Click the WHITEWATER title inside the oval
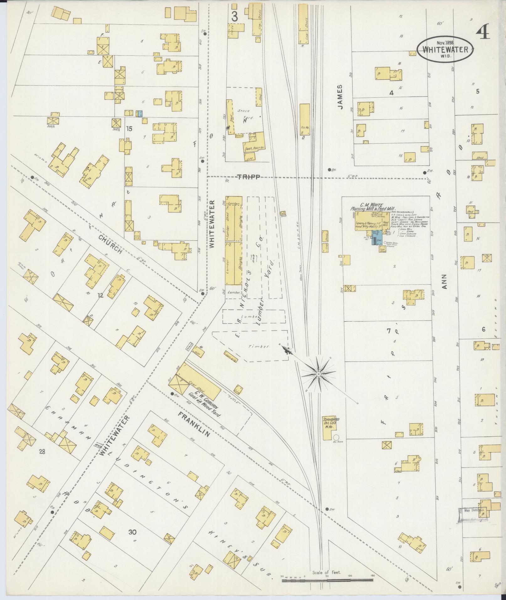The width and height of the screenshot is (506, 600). coord(445,49)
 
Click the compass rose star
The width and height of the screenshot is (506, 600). coord(318,374)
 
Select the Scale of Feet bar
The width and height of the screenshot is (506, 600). coord(327,581)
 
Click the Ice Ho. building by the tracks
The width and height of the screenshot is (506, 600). coord(305,119)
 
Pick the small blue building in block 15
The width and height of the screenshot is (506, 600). coord(140,114)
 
